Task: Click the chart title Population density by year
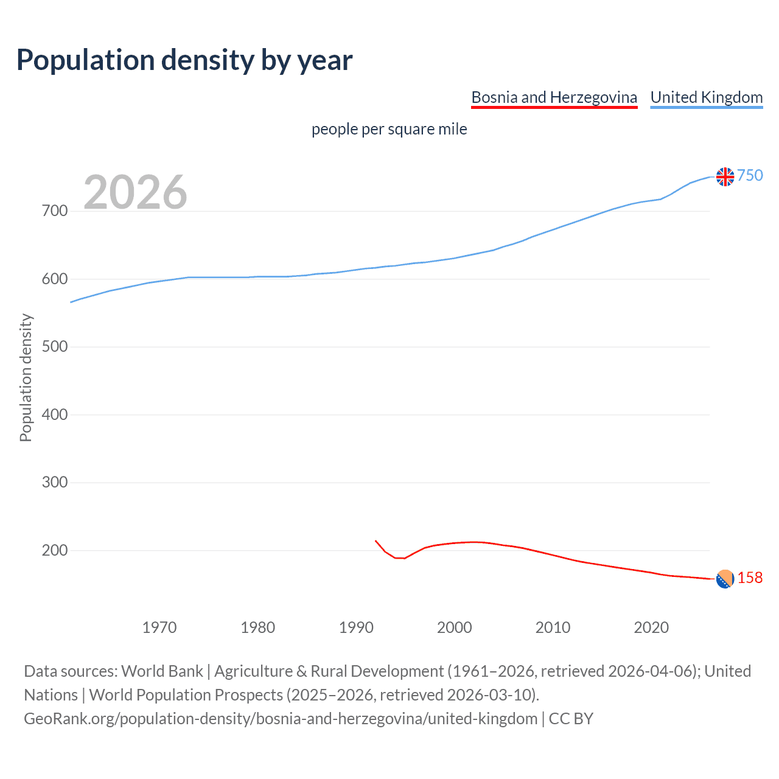(x=184, y=60)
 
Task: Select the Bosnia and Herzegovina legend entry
(x=554, y=97)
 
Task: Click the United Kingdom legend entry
(x=706, y=97)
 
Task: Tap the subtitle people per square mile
(x=389, y=129)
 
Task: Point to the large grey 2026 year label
(x=135, y=192)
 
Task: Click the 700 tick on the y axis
(x=55, y=211)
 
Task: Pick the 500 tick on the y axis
(x=55, y=347)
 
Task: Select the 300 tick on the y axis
(x=55, y=483)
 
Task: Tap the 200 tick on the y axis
(x=55, y=550)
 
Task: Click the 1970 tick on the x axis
(x=159, y=627)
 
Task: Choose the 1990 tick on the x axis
(x=356, y=627)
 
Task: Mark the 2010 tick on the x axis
(x=553, y=627)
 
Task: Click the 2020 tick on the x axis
(x=651, y=627)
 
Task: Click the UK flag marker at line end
(x=725, y=176)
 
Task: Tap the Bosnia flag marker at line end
(x=725, y=579)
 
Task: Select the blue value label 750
(x=750, y=175)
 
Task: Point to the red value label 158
(x=750, y=578)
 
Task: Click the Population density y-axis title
(x=26, y=377)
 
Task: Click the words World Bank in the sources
(x=162, y=671)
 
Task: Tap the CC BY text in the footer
(x=571, y=719)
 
